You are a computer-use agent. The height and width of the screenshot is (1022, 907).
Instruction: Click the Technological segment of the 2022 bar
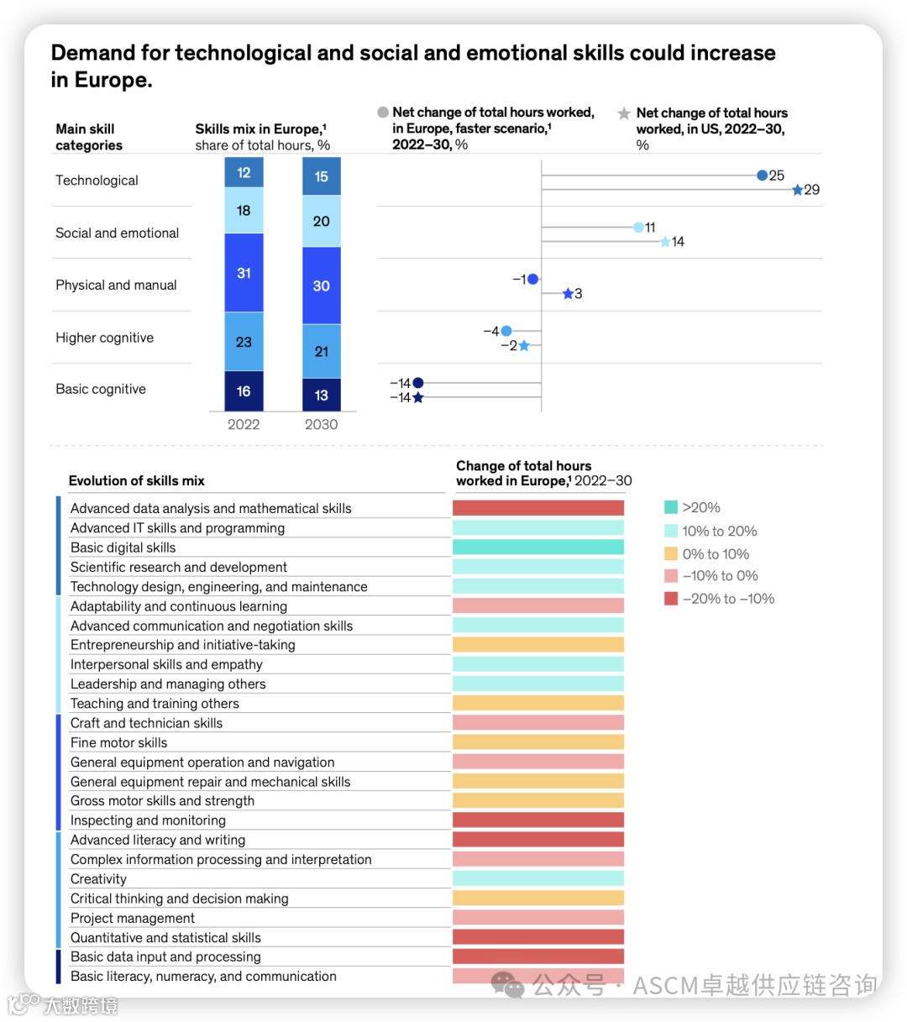[244, 173]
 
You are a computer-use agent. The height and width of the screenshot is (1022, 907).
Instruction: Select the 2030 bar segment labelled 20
[321, 221]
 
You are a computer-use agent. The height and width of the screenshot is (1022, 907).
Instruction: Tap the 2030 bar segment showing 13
[321, 395]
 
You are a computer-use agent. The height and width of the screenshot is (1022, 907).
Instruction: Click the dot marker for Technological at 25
[762, 176]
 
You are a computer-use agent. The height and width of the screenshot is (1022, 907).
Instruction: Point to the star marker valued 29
[797, 190]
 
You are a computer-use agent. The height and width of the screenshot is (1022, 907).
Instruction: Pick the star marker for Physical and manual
[568, 294]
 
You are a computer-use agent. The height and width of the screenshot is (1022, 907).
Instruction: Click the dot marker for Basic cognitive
[418, 383]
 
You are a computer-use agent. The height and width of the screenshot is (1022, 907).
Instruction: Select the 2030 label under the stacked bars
[321, 425]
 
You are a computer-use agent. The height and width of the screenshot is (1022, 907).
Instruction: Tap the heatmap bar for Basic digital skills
[538, 548]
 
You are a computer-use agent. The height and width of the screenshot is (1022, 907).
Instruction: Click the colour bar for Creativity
[538, 878]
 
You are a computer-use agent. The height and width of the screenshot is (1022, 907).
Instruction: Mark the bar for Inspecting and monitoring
[538, 820]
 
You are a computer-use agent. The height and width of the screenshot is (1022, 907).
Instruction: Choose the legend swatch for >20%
[671, 507]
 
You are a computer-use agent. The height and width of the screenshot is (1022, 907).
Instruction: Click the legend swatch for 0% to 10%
[671, 554]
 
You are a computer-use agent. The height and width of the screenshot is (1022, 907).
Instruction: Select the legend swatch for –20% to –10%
[671, 599]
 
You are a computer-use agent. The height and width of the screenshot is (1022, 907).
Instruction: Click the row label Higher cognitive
[105, 338]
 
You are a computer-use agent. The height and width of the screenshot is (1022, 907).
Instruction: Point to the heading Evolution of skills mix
[137, 481]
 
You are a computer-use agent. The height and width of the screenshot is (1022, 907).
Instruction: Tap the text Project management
[133, 918]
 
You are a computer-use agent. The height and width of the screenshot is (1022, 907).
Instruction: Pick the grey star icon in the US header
[624, 113]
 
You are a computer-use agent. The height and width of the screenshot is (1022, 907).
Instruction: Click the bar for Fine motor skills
[538, 742]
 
